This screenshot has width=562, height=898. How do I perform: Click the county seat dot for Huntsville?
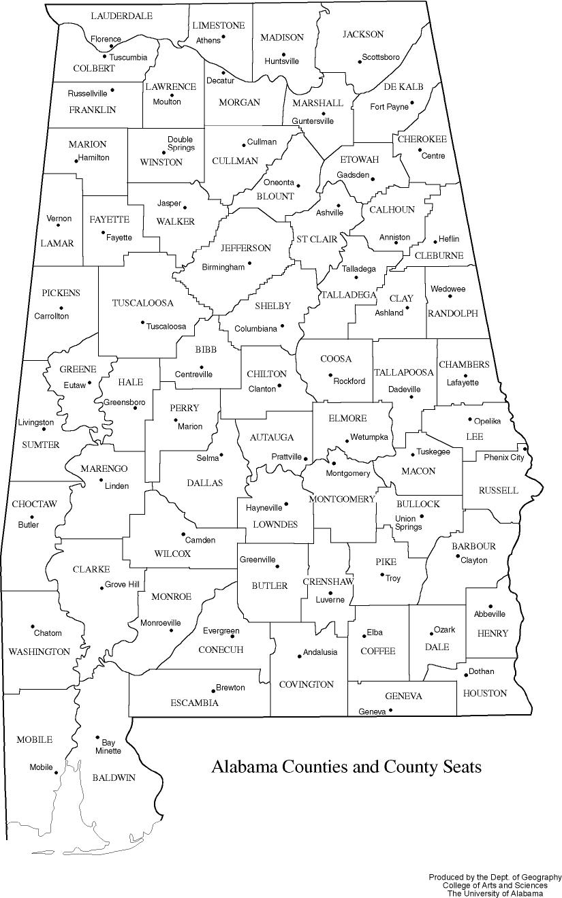click(x=284, y=54)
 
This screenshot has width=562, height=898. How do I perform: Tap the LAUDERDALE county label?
click(x=121, y=16)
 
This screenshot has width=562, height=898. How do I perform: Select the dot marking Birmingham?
click(x=249, y=263)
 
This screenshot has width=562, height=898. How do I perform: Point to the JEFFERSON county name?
click(x=246, y=248)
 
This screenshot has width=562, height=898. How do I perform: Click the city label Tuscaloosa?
click(x=166, y=326)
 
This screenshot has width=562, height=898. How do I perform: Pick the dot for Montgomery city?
click(x=334, y=464)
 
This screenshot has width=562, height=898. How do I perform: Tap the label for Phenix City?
click(x=503, y=457)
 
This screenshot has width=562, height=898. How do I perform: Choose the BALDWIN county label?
click(x=114, y=777)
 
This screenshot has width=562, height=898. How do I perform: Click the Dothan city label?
click(x=481, y=671)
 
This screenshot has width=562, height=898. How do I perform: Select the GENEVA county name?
click(x=403, y=696)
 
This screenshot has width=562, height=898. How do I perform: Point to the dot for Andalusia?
click(x=299, y=656)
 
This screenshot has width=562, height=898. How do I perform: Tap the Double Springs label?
click(x=181, y=143)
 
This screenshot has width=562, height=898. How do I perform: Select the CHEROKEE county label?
click(x=422, y=139)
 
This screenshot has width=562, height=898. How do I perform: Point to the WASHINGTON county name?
click(x=39, y=652)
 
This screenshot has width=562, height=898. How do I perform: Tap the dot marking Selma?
click(x=221, y=455)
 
